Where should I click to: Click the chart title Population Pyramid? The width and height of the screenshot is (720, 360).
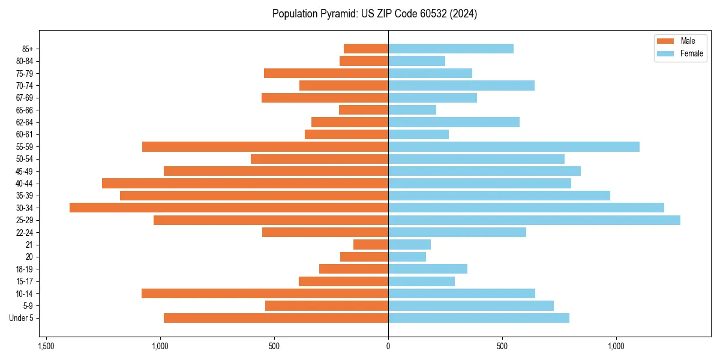coord(374,14)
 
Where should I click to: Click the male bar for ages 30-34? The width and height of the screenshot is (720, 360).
coord(229,208)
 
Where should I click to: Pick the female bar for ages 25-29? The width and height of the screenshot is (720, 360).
coord(534,220)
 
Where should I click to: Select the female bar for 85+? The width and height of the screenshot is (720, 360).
coord(451,49)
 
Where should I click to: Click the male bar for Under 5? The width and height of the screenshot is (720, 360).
coord(276,318)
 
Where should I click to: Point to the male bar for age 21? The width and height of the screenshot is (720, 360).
coord(371,245)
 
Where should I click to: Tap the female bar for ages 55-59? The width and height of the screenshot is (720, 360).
coord(514,146)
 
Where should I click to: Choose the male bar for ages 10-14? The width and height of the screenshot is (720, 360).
coord(265,293)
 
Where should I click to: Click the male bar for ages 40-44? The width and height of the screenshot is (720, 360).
coord(245,183)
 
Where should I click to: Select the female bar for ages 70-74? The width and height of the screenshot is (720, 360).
coord(461,85)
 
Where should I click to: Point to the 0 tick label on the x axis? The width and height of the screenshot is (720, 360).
coord(388,347)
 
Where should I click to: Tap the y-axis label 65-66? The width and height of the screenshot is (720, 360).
coord(25,110)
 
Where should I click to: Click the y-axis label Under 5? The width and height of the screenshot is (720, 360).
coord(21,318)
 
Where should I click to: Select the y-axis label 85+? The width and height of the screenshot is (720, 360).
coord(28,49)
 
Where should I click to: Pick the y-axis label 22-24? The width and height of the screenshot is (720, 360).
coord(25,232)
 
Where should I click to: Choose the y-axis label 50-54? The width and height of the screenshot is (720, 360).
coord(25,159)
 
